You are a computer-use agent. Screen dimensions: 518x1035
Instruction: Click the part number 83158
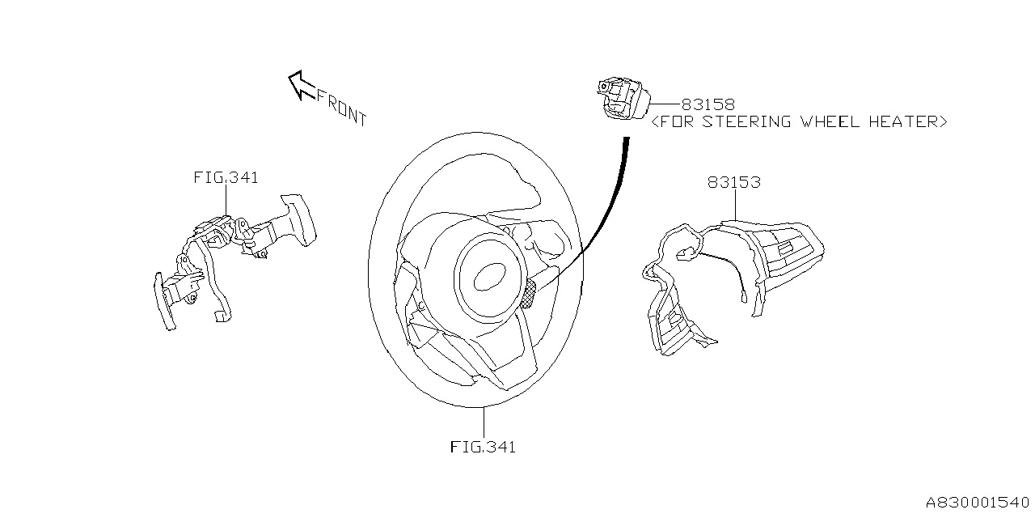tap(708, 104)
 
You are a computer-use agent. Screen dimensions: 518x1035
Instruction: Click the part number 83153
tap(733, 183)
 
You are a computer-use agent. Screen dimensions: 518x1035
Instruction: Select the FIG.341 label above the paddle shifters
tap(226, 177)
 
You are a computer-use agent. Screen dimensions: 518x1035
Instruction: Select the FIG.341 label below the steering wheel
tap(483, 447)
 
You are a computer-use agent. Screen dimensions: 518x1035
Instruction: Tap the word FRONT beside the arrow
tap(341, 108)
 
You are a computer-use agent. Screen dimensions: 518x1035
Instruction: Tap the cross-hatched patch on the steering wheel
tap(531, 296)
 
